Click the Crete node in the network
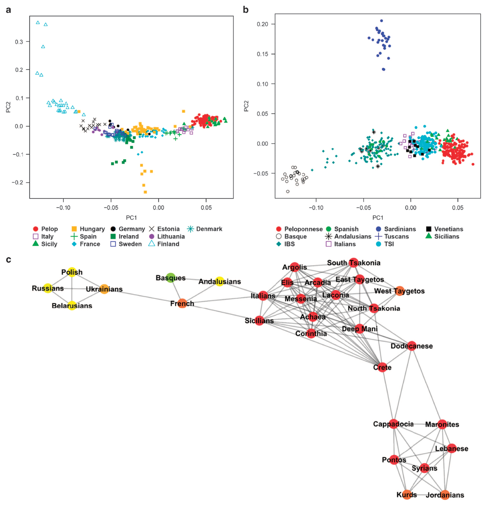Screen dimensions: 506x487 (382, 367)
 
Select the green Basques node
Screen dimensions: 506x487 (171, 278)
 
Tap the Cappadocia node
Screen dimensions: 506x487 (393, 424)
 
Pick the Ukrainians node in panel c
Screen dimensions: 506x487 (104, 289)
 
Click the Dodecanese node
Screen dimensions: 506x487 (412, 346)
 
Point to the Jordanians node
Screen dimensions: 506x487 (445, 495)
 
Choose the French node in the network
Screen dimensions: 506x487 (182, 304)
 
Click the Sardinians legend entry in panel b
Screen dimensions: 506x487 (396, 229)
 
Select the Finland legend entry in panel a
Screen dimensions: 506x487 (164, 244)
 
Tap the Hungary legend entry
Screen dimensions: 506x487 (88, 229)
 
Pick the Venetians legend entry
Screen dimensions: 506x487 (445, 229)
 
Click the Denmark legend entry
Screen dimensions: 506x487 (205, 229)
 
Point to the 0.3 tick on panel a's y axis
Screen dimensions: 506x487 (19, 42)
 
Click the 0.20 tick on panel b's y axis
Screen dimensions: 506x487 (262, 24)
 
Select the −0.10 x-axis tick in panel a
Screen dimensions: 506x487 (63, 207)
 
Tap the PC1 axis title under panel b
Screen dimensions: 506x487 (378, 218)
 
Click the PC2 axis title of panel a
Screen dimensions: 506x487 (8, 107)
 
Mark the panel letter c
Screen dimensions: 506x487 (9, 260)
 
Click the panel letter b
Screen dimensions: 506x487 (246, 10)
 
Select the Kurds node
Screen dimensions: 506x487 (407, 495)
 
